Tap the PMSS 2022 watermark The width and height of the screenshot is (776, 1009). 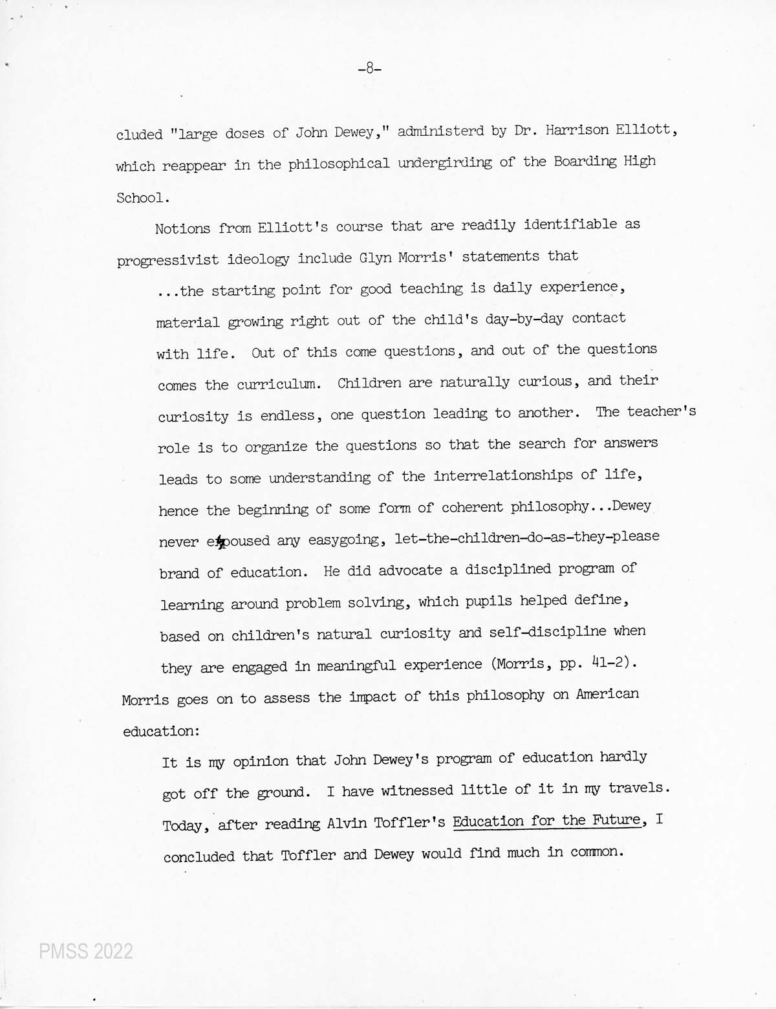[86, 951]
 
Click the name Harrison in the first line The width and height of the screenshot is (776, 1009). [577, 131]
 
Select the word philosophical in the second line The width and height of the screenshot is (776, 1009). [339, 164]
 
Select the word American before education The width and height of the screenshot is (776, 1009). [607, 694]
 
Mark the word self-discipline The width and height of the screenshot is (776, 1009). [548, 632]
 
